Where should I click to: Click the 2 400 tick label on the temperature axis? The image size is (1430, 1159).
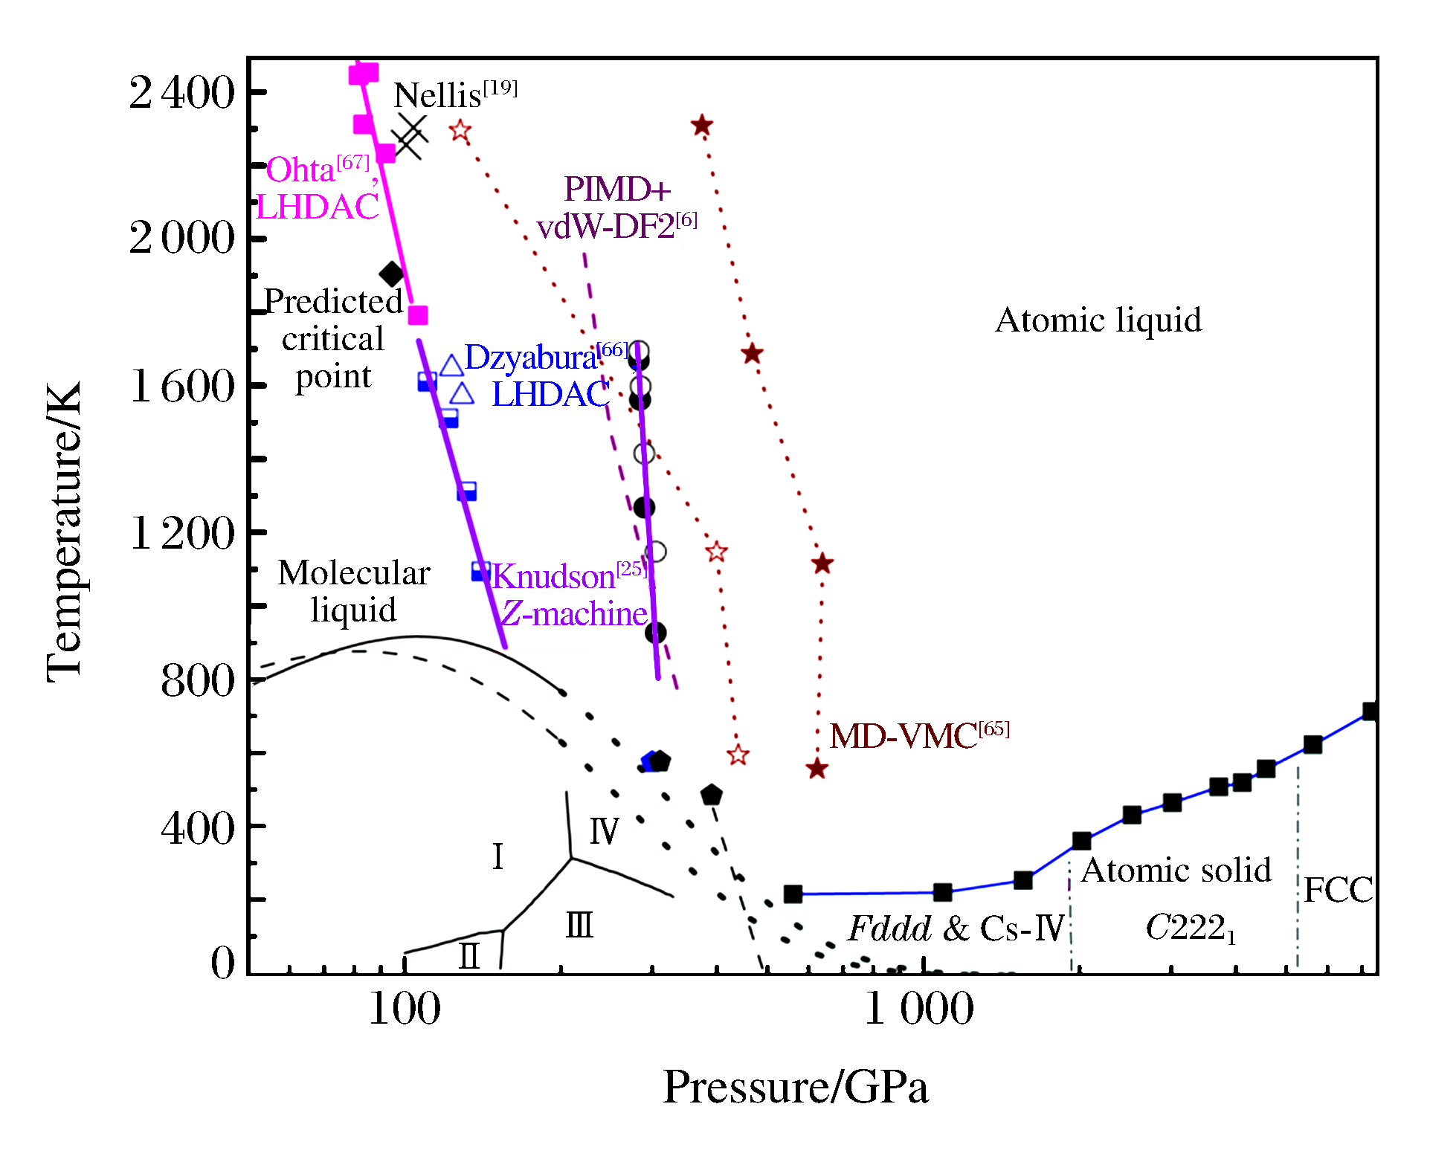click(x=181, y=93)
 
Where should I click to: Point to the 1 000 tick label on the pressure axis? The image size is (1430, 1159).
click(x=919, y=1010)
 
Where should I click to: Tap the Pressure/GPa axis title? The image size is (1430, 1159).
click(x=795, y=1088)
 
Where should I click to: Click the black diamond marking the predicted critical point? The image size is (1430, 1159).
click(x=391, y=274)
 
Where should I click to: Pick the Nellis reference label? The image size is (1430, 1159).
click(x=454, y=94)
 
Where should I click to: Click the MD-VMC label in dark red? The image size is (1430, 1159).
click(x=918, y=736)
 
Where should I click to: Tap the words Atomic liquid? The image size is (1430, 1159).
click(x=1098, y=320)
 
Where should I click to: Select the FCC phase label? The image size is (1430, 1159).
click(x=1338, y=890)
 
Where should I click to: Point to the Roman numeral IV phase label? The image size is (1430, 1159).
click(x=604, y=830)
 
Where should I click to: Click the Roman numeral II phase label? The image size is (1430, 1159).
click(x=469, y=955)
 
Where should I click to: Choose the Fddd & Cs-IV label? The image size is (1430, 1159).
click(x=957, y=928)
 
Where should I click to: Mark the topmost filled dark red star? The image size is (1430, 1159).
click(x=701, y=126)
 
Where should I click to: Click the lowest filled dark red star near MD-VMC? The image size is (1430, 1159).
click(x=817, y=769)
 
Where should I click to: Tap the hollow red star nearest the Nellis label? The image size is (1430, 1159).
click(x=460, y=131)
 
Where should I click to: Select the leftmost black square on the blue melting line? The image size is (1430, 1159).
click(x=793, y=894)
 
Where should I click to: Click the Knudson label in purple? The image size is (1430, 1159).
click(x=569, y=576)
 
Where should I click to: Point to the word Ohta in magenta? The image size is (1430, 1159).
click(x=300, y=170)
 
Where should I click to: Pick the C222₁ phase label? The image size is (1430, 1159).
click(x=1190, y=929)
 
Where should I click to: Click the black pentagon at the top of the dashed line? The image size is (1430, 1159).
click(x=711, y=795)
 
